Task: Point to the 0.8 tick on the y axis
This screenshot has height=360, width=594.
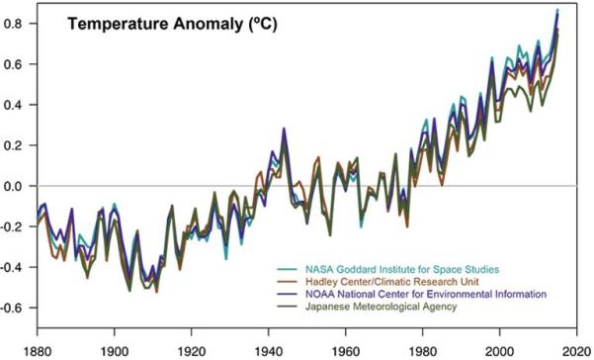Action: pos(18,24)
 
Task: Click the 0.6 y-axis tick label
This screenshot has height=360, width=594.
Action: pos(18,64)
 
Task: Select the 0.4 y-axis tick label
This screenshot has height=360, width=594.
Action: pos(18,105)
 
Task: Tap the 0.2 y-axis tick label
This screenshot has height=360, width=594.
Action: pos(18,145)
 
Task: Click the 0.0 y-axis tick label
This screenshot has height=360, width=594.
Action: pos(18,186)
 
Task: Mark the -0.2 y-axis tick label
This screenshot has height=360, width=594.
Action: pos(16,226)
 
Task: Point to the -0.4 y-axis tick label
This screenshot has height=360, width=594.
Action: pos(16,267)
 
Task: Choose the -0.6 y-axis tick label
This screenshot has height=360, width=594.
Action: pos(16,308)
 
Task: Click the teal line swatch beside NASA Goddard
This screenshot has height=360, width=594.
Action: pos(289,268)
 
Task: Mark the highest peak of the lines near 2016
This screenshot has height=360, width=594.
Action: pos(557,11)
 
